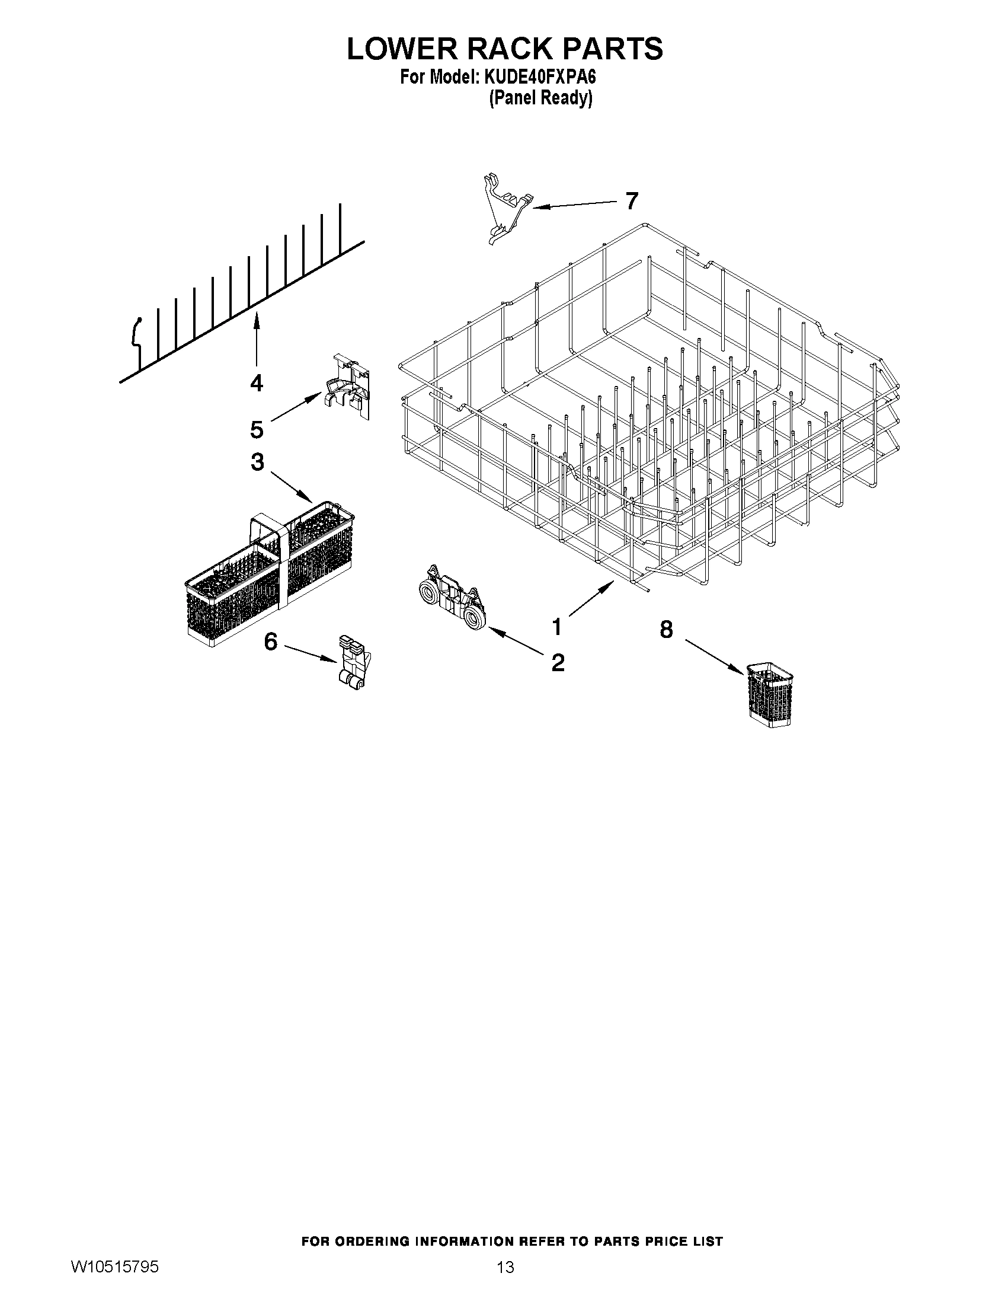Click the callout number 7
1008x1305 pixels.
point(632,201)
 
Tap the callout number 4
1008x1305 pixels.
point(256,382)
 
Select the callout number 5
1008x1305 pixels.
point(257,429)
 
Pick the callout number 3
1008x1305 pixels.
point(257,462)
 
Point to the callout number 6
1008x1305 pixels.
point(270,642)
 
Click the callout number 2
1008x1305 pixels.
point(558,662)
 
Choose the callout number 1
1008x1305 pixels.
point(556,627)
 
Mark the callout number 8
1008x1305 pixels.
point(667,628)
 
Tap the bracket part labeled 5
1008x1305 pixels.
point(348,388)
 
